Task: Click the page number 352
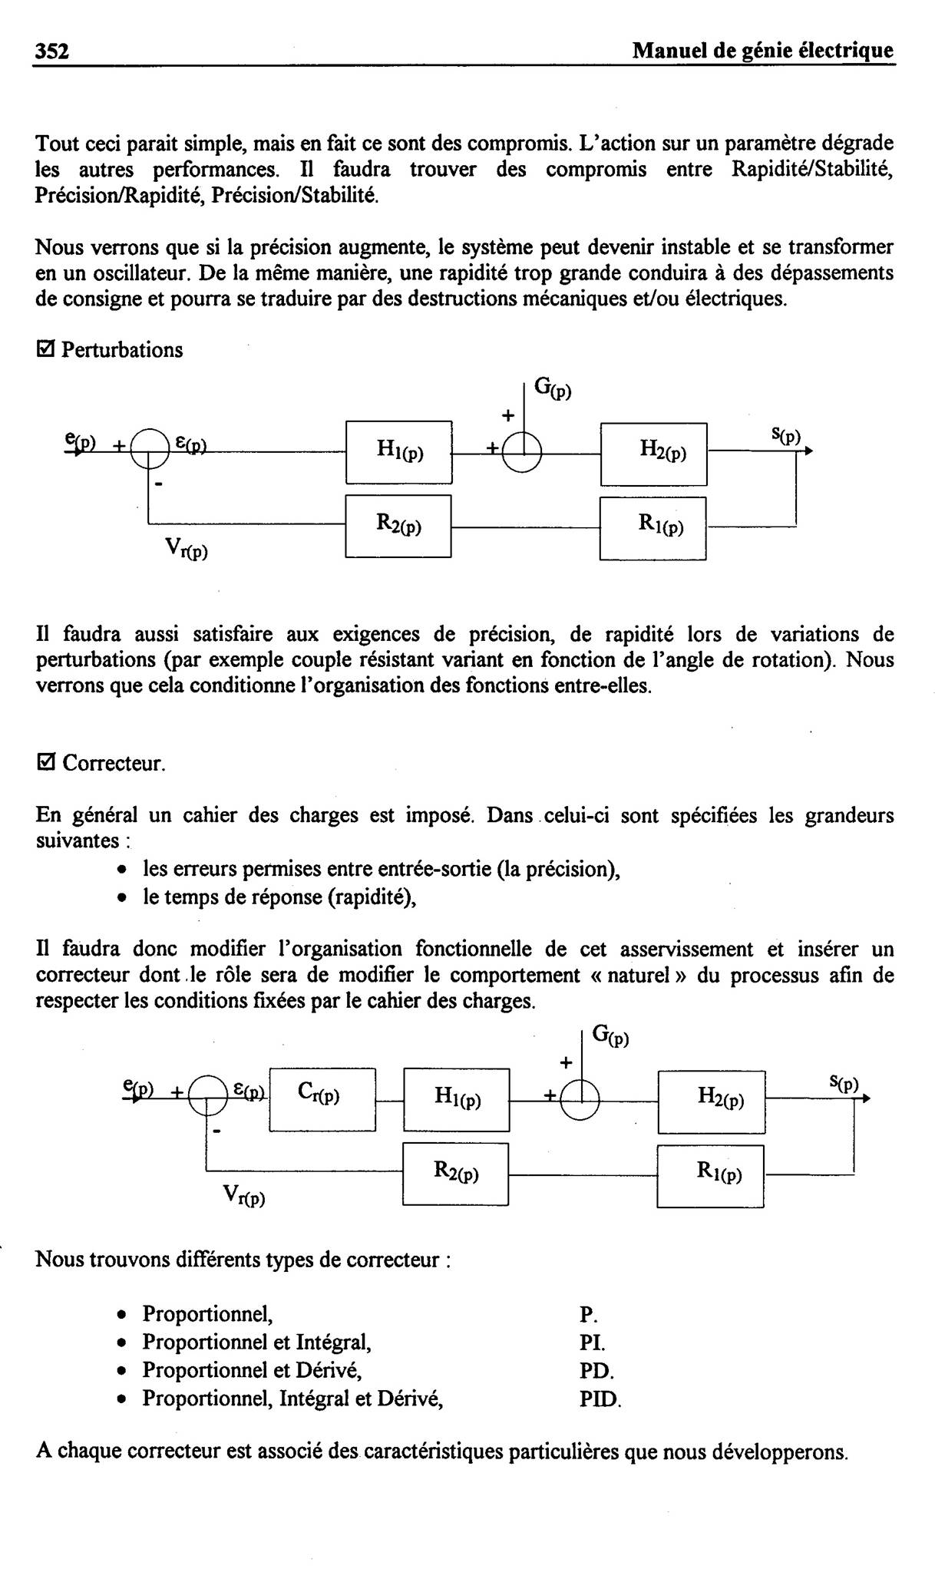pos(52,51)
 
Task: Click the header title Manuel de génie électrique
pos(763,51)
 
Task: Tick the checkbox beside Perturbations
pos(45,350)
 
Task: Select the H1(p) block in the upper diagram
pos(398,452)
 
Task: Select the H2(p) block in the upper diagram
pos(653,454)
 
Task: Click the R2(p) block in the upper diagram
pos(398,526)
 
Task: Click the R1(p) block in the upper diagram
pos(653,528)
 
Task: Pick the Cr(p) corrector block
pos(322,1099)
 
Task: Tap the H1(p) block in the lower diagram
pos(457,1100)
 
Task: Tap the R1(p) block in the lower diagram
pos(711,1176)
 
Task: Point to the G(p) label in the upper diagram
pos(553,390)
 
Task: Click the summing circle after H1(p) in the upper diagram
pos(522,454)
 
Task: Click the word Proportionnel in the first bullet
pos(207,1316)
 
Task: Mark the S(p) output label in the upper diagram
pos(786,437)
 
